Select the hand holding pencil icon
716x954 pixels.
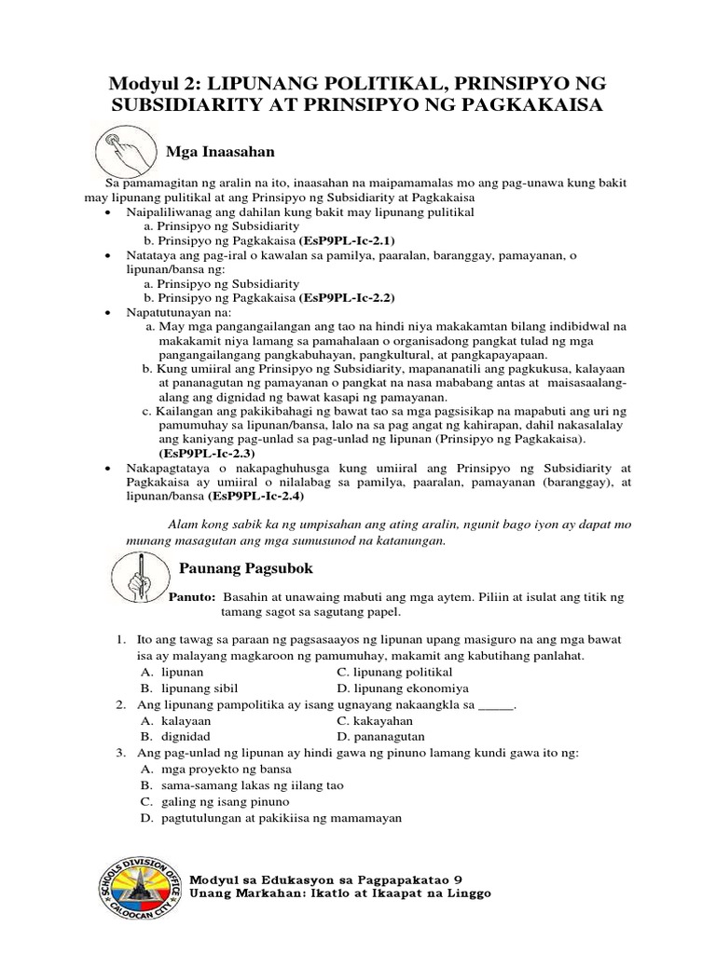138,569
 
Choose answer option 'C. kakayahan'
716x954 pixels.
375,720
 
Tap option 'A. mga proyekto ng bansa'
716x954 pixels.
215,769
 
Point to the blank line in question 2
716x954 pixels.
495,704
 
